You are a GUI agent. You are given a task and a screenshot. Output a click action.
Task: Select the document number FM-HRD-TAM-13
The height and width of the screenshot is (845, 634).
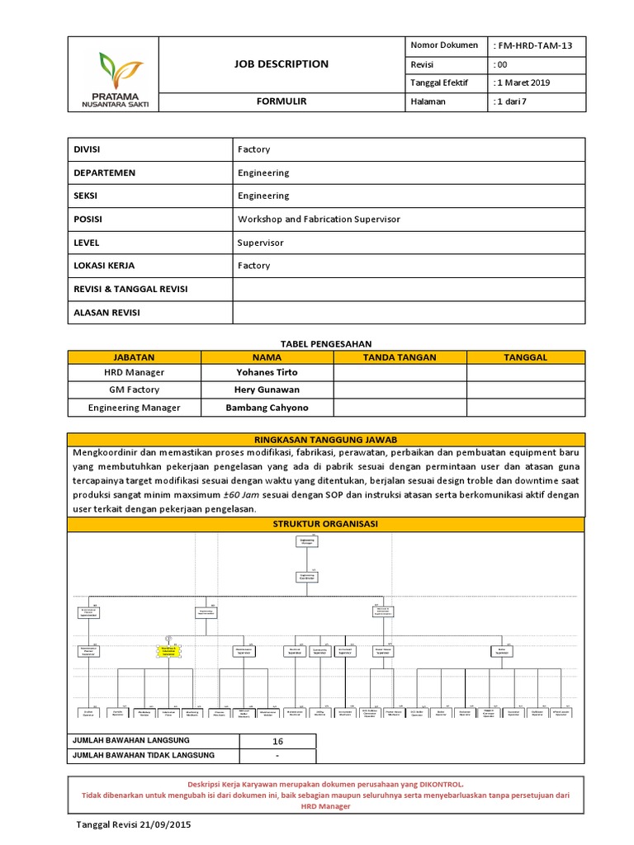coord(532,45)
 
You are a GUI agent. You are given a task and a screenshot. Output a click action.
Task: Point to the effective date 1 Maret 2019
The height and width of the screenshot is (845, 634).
coord(522,83)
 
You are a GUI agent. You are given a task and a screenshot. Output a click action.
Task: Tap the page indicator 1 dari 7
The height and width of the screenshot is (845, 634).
coord(511,101)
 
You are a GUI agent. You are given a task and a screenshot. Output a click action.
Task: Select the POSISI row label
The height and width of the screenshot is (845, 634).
coord(92,220)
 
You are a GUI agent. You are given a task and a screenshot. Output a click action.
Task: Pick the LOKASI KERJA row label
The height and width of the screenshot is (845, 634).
coord(104,266)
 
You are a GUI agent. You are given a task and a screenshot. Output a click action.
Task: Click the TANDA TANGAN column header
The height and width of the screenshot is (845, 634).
coord(400,357)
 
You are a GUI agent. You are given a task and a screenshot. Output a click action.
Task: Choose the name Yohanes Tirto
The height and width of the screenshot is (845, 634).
coord(267,372)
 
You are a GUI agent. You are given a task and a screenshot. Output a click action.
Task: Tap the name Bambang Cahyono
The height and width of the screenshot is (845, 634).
coord(267,408)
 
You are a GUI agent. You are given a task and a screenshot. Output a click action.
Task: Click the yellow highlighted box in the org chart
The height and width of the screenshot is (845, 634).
coord(169,651)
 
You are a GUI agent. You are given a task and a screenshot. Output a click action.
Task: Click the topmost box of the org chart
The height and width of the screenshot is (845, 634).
coord(307,541)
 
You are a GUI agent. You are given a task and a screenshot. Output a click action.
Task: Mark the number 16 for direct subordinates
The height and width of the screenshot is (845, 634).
coord(277,741)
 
